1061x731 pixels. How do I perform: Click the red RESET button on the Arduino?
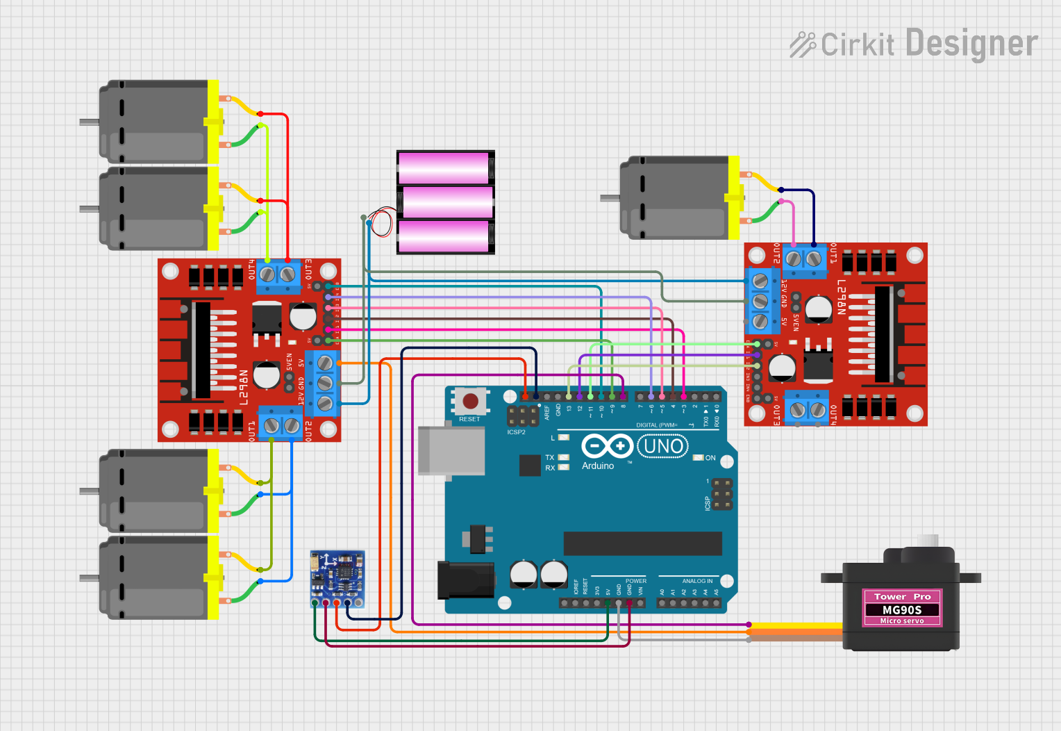pos(470,401)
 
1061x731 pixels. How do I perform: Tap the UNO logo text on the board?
pos(663,446)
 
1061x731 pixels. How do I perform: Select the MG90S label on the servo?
pos(902,609)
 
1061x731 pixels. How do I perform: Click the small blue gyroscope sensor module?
pos(337,577)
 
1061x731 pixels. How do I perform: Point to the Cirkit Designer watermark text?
pos(914,44)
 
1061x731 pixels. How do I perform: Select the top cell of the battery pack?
pos(445,167)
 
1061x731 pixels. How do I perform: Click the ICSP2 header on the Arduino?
pos(522,416)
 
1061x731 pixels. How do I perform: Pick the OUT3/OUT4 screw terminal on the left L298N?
pos(278,274)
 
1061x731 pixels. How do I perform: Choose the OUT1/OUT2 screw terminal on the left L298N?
pos(281,425)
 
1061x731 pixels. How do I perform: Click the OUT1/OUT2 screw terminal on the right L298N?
pos(803,259)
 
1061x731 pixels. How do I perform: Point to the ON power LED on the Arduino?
pos(699,458)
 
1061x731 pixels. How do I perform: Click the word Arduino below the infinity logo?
pos(598,466)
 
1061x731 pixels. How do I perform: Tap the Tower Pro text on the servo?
pos(902,597)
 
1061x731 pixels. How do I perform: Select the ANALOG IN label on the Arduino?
pos(697,581)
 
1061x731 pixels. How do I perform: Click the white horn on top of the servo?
pos(928,540)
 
